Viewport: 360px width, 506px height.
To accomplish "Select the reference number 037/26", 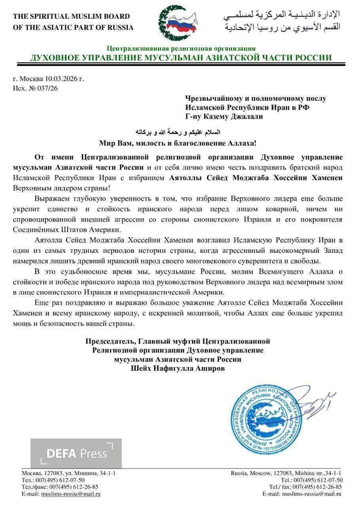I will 47,88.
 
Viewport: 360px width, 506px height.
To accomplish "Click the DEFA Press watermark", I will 76,453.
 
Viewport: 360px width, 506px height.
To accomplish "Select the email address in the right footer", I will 312,494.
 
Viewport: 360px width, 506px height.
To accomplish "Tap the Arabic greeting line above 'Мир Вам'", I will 180,131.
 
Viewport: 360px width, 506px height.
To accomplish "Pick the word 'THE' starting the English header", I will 21,17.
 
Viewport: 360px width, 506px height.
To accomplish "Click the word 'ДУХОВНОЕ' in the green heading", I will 54,58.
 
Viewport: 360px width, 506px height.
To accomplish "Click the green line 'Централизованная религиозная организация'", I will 181,49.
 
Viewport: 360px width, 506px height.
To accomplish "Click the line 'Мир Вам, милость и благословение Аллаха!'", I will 180,142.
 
